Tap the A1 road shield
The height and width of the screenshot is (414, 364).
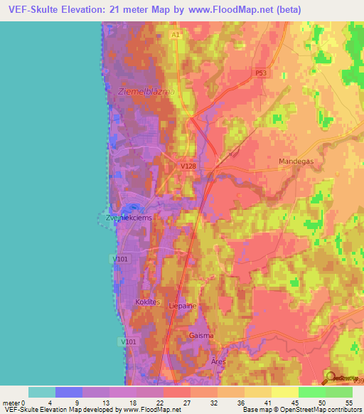pyautogui.click(x=176, y=34)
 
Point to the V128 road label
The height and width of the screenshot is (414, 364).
pyautogui.click(x=188, y=166)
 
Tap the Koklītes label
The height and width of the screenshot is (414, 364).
pyautogui.click(x=149, y=302)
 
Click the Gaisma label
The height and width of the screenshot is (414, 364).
pyautogui.click(x=201, y=335)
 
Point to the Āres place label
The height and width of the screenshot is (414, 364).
pyautogui.click(x=217, y=361)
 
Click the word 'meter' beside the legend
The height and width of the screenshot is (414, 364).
pyautogui.click(x=11, y=402)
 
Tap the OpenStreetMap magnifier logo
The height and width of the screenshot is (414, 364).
pyautogui.click(x=328, y=376)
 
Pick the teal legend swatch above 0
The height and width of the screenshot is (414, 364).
pyautogui.click(x=41, y=392)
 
